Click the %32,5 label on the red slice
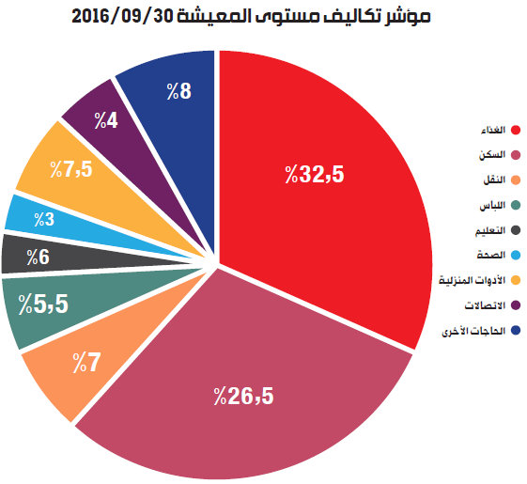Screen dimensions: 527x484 coord(315,174)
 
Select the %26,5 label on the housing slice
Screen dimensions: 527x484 coord(243,396)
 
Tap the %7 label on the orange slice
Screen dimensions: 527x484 coord(86,363)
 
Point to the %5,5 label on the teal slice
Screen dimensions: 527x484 coord(43,304)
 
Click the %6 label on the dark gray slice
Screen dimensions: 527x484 coord(38,258)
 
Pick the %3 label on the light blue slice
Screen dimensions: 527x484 coord(44,219)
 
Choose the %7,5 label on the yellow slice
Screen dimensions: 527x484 coord(71,169)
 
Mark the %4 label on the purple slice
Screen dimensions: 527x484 coord(106,120)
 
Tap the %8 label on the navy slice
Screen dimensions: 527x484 coord(179,91)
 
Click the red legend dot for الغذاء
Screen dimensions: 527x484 coord(516,130)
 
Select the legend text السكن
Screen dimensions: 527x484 coord(492,155)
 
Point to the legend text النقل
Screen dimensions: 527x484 coord(494,180)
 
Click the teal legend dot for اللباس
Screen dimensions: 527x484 coord(516,205)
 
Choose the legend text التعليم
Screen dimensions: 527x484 coord(490,231)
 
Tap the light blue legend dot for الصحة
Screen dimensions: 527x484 coord(516,256)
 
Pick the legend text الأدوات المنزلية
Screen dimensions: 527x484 coord(472,280)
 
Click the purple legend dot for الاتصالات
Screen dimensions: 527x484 coord(516,305)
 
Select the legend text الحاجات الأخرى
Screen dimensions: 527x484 coord(473,331)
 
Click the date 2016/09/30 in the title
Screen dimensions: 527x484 coord(122,16)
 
